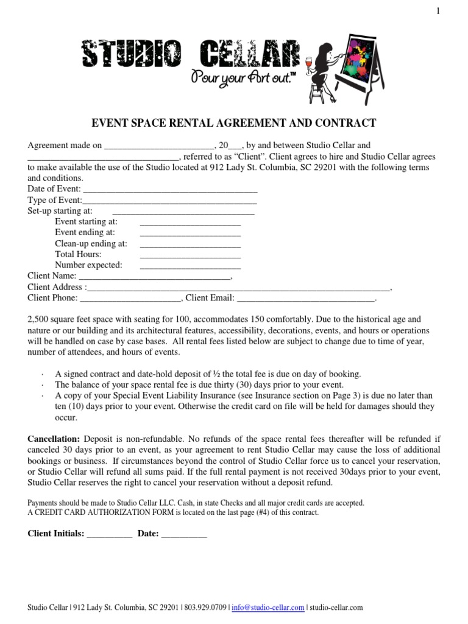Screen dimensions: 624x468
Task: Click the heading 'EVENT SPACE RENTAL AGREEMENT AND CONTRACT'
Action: tap(233, 123)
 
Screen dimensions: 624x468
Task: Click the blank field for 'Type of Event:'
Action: tap(169, 200)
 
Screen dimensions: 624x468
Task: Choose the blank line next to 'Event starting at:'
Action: tap(190, 222)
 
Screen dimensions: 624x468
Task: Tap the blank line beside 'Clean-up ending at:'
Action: tap(190, 244)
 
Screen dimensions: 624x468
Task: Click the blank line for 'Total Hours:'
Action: tap(190, 255)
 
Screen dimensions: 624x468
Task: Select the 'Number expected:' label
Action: tap(88, 265)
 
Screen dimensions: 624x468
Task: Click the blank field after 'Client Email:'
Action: tap(305, 298)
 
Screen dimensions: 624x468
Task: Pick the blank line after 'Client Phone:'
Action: tap(130, 298)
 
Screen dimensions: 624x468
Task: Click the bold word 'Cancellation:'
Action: tap(54, 439)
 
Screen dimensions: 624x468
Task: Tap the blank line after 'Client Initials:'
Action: tap(110, 534)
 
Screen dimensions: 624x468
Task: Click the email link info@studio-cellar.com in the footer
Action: tap(268, 608)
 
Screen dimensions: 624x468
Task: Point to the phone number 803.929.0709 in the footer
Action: tap(204, 608)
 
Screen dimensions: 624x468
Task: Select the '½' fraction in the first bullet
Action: tap(200, 374)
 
